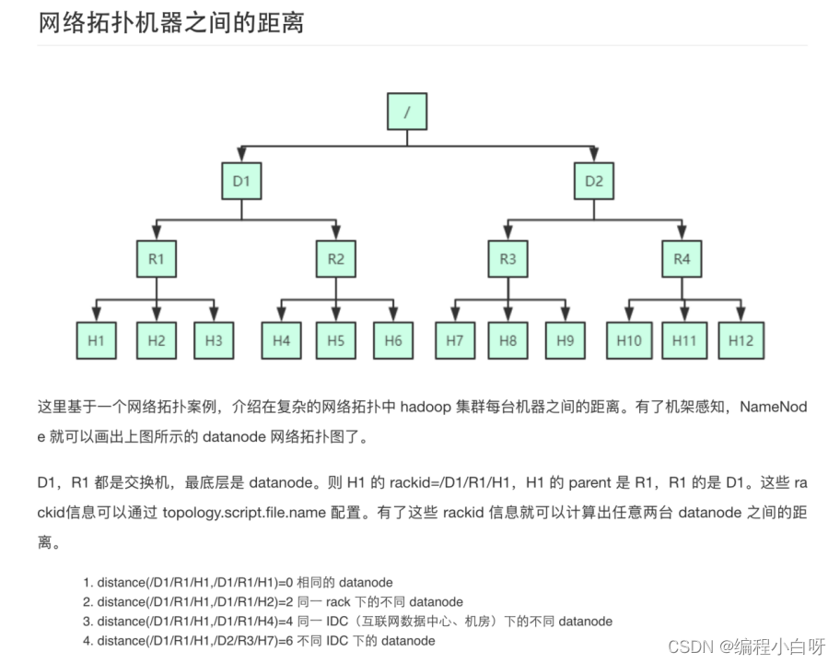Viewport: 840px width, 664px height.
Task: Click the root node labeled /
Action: click(407, 113)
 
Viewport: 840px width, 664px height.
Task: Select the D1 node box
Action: click(241, 181)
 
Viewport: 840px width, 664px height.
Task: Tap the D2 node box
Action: click(594, 181)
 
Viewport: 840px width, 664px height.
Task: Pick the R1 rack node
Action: click(156, 259)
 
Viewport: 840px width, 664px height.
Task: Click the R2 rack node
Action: click(335, 259)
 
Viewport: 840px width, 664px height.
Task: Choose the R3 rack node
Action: click(507, 259)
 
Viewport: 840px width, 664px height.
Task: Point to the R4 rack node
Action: click(682, 259)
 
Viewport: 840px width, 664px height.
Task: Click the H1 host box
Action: click(97, 340)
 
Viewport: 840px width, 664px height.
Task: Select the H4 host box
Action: click(281, 340)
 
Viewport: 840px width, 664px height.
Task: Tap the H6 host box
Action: click(393, 340)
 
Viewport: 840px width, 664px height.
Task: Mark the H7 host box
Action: click(454, 340)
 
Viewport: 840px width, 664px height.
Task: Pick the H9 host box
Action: click(565, 340)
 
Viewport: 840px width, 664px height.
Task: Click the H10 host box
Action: click(628, 340)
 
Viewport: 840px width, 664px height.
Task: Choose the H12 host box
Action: click(741, 340)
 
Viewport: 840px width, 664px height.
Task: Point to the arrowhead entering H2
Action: click(156, 314)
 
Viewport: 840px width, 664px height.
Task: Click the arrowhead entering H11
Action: click(683, 314)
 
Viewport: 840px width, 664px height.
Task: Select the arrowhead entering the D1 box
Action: click(241, 155)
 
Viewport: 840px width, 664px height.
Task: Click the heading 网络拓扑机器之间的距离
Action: click(171, 22)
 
